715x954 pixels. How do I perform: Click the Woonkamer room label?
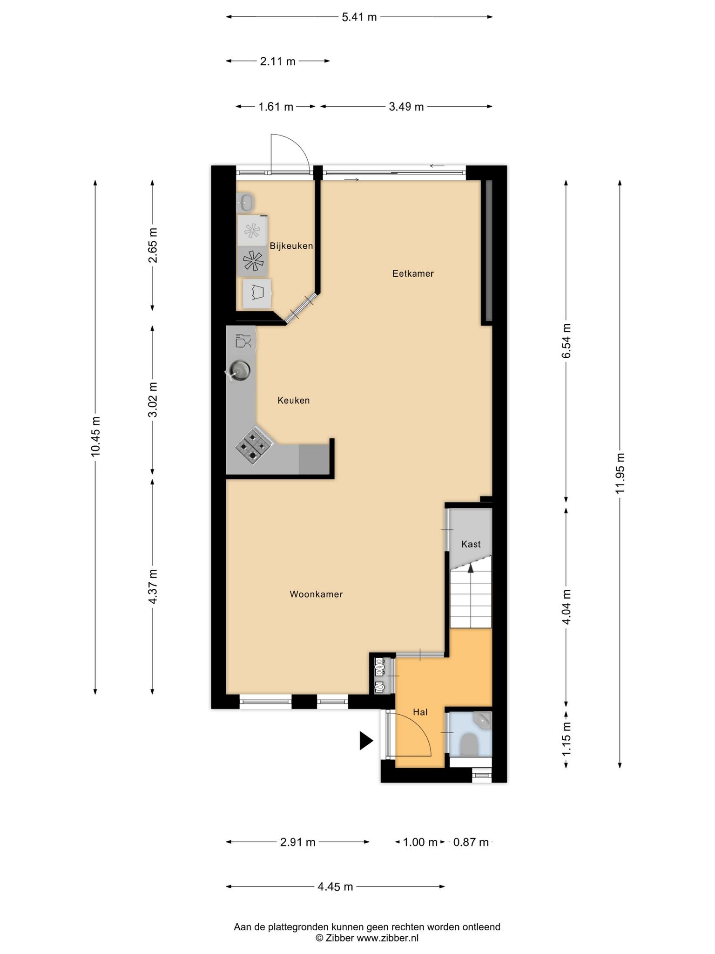tap(316, 594)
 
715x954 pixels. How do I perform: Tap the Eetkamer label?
tap(413, 273)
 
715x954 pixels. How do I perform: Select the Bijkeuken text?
tap(291, 245)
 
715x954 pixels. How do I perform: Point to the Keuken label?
tap(293, 400)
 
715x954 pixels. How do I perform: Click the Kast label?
tap(471, 544)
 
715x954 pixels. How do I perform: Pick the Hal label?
tap(420, 712)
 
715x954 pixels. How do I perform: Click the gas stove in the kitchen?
tap(253, 445)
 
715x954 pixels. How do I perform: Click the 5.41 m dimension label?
tap(359, 17)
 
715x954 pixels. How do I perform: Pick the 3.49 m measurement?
tap(406, 107)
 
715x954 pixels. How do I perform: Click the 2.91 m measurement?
tap(298, 842)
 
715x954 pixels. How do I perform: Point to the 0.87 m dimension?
tap(471, 842)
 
